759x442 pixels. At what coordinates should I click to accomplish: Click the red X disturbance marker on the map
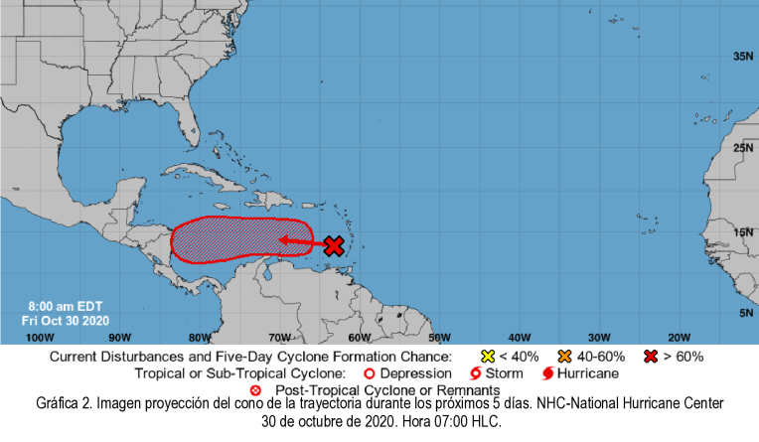(334, 245)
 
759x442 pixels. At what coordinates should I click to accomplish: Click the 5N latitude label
(745, 313)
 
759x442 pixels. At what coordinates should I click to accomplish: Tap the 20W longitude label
(680, 336)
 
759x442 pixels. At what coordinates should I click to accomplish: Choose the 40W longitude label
(520, 336)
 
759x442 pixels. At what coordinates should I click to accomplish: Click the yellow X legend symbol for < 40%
(488, 356)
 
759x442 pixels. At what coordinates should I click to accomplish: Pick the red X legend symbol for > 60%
(652, 356)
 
